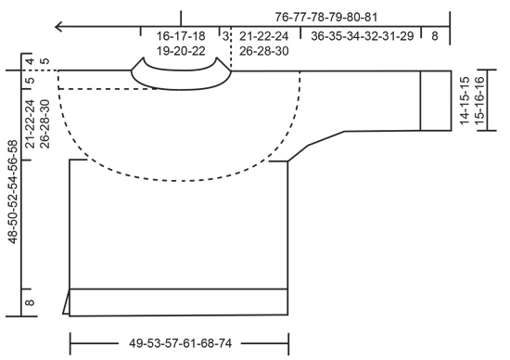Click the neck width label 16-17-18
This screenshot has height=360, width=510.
tap(180, 36)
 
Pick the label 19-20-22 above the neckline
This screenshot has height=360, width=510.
tap(180, 52)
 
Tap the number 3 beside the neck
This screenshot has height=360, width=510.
tap(223, 36)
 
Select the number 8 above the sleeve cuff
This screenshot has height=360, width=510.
tap(434, 36)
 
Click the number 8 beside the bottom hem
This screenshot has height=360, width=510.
tap(29, 302)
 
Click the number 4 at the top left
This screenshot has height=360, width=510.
tap(29, 63)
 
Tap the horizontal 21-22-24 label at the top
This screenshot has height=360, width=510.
tap(264, 36)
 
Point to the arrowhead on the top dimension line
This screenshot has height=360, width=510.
tap(59, 26)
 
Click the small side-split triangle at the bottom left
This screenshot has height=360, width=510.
tap(67, 303)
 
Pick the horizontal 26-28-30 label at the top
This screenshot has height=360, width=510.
tap(264, 52)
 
